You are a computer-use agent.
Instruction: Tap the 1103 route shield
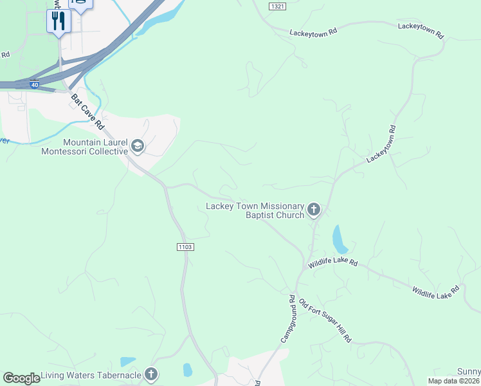184,247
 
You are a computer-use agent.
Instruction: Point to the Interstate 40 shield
34,84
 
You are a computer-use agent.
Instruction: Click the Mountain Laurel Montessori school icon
137,147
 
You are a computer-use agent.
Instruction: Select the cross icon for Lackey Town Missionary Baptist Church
314,209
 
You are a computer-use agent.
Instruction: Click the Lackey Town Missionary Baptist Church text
255,210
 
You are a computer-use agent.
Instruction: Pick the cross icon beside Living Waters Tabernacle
151,374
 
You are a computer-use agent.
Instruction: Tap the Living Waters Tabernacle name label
91,374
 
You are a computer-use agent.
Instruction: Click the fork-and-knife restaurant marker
59,21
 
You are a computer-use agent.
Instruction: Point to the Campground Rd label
287,318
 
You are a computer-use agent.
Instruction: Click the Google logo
21,378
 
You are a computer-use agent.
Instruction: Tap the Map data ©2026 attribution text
454,381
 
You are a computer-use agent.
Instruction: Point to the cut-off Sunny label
469,372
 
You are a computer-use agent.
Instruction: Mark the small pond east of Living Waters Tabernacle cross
187,370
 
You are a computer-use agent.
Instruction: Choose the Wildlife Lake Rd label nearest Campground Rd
332,263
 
